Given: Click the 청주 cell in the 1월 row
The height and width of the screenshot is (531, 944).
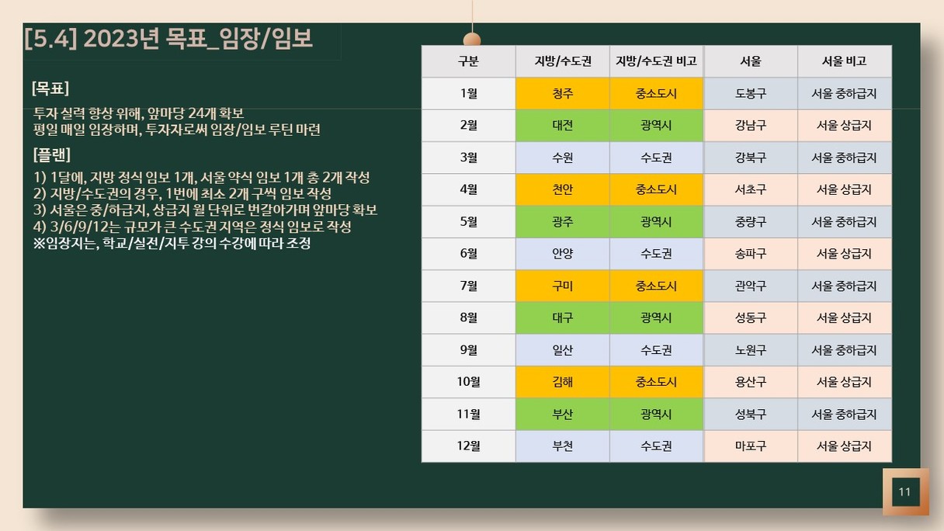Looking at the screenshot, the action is click(x=563, y=93).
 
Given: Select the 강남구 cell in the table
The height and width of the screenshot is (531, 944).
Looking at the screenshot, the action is click(x=751, y=125).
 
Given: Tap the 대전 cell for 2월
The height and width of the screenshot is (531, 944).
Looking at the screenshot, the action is click(x=563, y=125).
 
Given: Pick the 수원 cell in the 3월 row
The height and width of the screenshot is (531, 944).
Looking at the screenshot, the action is click(x=563, y=158).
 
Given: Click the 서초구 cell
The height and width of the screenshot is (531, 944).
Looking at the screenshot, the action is click(x=751, y=189).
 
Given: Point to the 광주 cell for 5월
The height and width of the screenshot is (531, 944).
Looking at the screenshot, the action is click(x=563, y=222).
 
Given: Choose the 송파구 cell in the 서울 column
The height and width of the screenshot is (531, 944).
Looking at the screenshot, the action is click(x=751, y=254).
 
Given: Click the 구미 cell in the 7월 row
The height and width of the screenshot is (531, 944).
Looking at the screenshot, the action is click(x=563, y=286).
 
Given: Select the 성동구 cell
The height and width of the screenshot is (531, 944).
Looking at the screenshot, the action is click(x=751, y=318).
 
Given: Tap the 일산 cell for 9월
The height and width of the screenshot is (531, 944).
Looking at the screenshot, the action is click(x=563, y=350).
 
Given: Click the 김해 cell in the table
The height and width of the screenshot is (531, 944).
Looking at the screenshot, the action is click(x=563, y=382).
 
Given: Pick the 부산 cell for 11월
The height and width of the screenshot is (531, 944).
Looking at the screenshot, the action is click(x=563, y=414).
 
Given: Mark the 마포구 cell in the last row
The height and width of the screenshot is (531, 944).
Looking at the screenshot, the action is click(x=751, y=446).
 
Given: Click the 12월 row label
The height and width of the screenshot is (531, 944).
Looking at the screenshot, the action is click(x=469, y=446).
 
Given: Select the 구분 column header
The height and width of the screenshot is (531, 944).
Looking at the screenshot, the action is click(x=469, y=61).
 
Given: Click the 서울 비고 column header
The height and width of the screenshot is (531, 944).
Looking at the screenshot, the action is click(x=845, y=61).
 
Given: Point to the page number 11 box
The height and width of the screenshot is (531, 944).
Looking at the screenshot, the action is click(x=906, y=491).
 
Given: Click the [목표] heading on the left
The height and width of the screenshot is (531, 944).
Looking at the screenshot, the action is click(x=50, y=88).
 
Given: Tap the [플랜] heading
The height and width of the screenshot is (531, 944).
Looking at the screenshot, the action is click(x=52, y=154).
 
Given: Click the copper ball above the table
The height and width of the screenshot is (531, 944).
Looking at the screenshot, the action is click(x=472, y=40).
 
